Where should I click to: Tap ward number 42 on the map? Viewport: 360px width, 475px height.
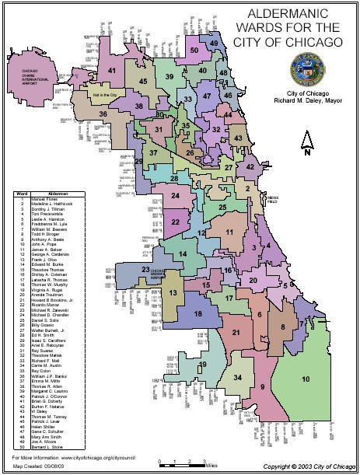(250, 167)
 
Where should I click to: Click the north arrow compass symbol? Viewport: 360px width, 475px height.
(307, 144)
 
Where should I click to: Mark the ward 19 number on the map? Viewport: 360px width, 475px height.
(202, 365)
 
